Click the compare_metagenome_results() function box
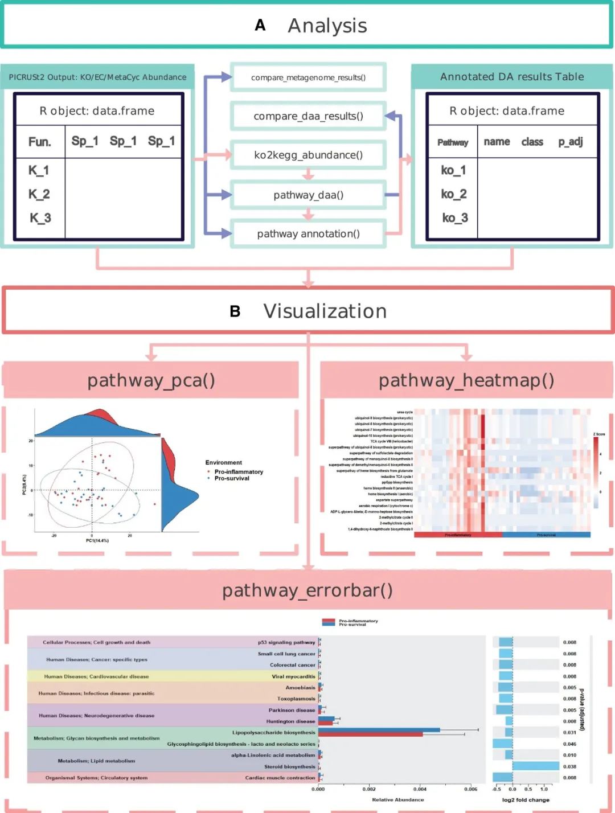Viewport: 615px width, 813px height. (308, 77)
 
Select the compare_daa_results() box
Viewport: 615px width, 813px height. (308, 116)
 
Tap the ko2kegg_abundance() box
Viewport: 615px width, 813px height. (308, 155)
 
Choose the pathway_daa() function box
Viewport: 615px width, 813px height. (308, 195)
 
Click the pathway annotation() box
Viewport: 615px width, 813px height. (308, 234)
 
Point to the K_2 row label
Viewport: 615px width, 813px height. (39, 194)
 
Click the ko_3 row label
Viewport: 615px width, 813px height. (454, 218)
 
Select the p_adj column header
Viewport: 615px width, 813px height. (570, 142)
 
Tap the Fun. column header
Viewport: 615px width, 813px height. (39, 142)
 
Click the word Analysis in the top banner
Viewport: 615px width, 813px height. (327, 26)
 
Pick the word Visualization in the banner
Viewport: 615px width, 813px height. (325, 311)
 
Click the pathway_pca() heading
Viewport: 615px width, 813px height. (151, 380)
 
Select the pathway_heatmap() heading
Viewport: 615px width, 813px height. (466, 380)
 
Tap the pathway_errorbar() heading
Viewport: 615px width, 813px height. (307, 590)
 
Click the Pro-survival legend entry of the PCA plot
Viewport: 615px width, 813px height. (231, 478)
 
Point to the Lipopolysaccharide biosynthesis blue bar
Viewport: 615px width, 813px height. (379, 730)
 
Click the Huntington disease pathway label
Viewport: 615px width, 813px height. (290, 721)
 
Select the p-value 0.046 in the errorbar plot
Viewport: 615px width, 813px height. (569, 744)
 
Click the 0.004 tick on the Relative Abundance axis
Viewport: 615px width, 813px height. (420, 789)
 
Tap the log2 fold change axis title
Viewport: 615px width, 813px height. (526, 800)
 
